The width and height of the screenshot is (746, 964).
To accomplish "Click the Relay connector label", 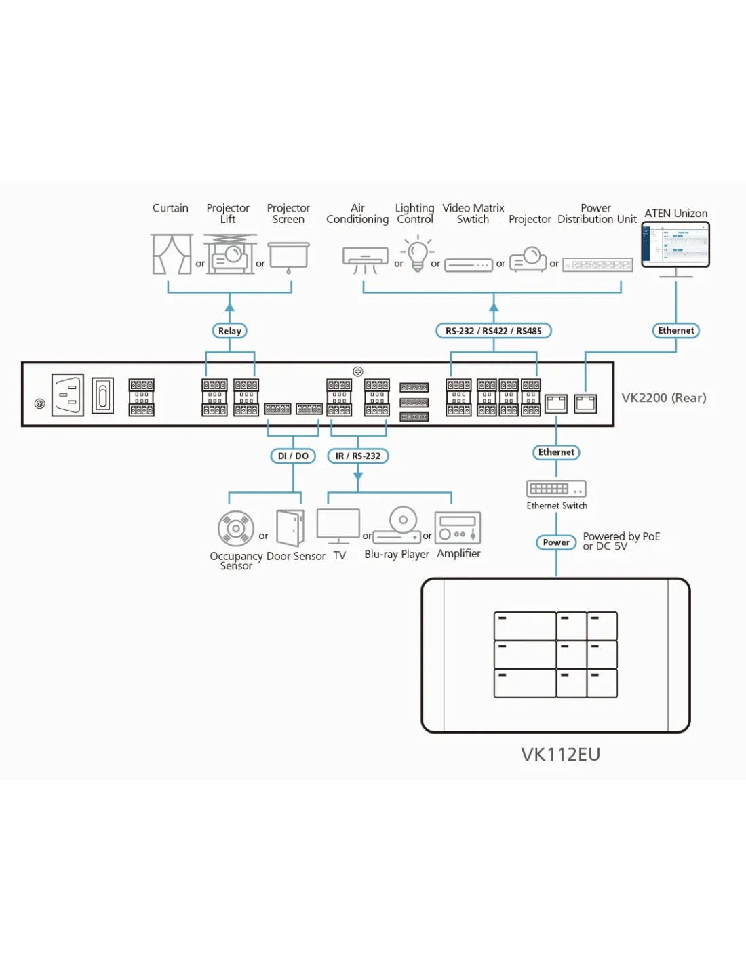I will click(x=230, y=331).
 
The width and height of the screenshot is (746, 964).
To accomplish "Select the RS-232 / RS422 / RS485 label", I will click(x=493, y=331).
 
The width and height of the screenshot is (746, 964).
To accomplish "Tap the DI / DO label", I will click(x=293, y=456).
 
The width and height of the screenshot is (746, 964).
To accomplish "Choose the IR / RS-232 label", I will click(x=358, y=456).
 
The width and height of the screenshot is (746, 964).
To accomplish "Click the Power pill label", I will click(x=556, y=542).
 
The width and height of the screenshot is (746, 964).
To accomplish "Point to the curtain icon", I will click(x=172, y=254).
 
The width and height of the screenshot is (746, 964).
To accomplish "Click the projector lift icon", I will click(x=230, y=254).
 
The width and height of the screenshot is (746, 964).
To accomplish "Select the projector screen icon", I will click(x=289, y=256).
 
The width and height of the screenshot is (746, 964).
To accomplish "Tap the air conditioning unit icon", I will click(x=365, y=259).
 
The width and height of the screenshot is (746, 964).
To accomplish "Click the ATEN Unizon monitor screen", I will click(x=675, y=244).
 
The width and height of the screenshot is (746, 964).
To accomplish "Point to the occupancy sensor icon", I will click(x=236, y=528).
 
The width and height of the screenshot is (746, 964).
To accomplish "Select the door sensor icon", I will click(x=290, y=527).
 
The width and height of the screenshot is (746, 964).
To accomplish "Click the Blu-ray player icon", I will click(x=398, y=525).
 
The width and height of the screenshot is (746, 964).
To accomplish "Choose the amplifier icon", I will click(x=458, y=527).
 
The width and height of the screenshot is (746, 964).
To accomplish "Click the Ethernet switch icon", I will click(x=556, y=489).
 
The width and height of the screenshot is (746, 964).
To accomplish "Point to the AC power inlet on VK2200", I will click(x=68, y=395).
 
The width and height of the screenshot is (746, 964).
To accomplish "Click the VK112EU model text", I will click(x=560, y=755).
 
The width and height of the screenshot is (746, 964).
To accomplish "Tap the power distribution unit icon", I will click(x=598, y=265).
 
